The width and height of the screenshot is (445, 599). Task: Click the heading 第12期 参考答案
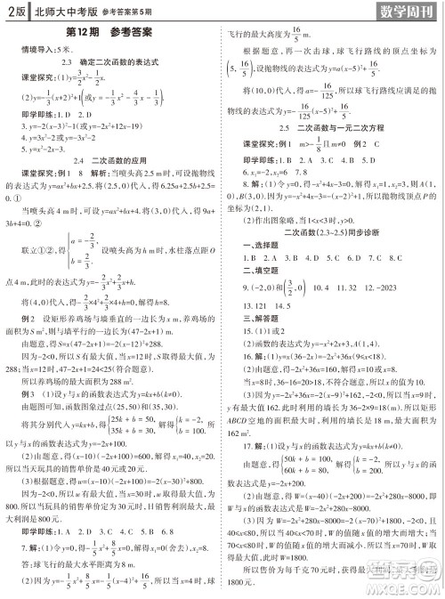tap(109, 34)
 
